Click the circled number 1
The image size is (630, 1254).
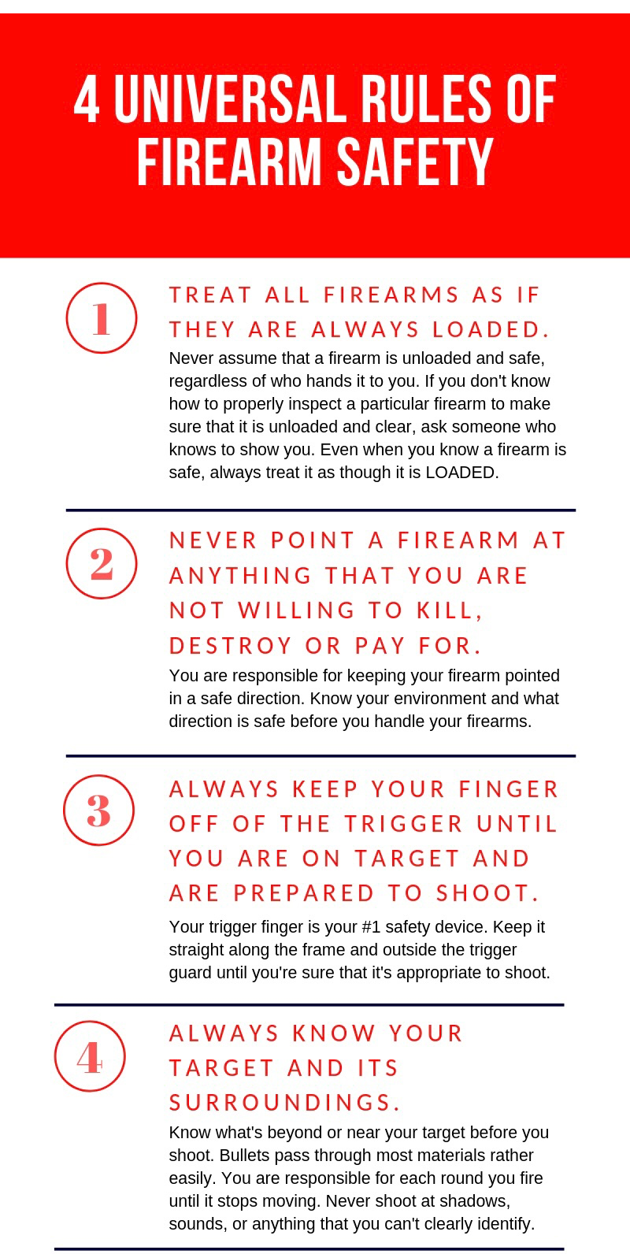point(102,317)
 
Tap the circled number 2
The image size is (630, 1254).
point(102,563)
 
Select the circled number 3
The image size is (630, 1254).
point(98,810)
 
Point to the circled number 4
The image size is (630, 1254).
point(90,1056)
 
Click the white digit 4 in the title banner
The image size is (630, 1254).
point(87,100)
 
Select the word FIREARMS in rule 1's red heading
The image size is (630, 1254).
point(391,295)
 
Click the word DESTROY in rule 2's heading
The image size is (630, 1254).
point(231,645)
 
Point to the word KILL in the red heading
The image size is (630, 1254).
point(450,610)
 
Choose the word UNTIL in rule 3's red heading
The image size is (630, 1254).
point(517,823)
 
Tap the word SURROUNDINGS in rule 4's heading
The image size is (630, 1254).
point(284,1102)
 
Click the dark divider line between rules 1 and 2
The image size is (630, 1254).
point(321,510)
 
